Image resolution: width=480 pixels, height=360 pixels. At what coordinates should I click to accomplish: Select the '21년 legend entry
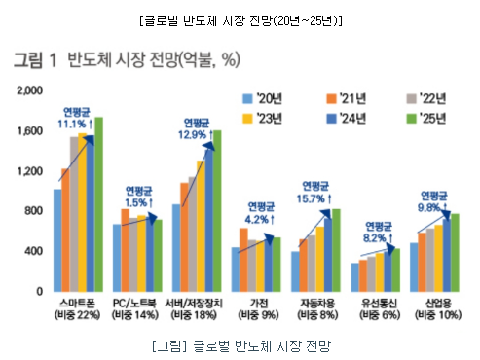pos(347,98)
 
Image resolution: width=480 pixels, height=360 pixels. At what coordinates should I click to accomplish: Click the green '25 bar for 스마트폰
pos(98,203)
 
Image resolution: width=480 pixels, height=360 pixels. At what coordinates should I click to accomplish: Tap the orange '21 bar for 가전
pos(243,259)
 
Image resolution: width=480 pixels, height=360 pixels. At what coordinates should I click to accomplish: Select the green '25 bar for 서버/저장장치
pos(217,210)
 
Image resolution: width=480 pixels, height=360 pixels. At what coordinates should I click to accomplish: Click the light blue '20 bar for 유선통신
pos(355,276)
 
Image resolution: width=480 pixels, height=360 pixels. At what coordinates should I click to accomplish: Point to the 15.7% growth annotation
pos(318,194)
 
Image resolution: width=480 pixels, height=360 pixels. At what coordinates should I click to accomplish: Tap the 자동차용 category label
pos(317,304)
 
